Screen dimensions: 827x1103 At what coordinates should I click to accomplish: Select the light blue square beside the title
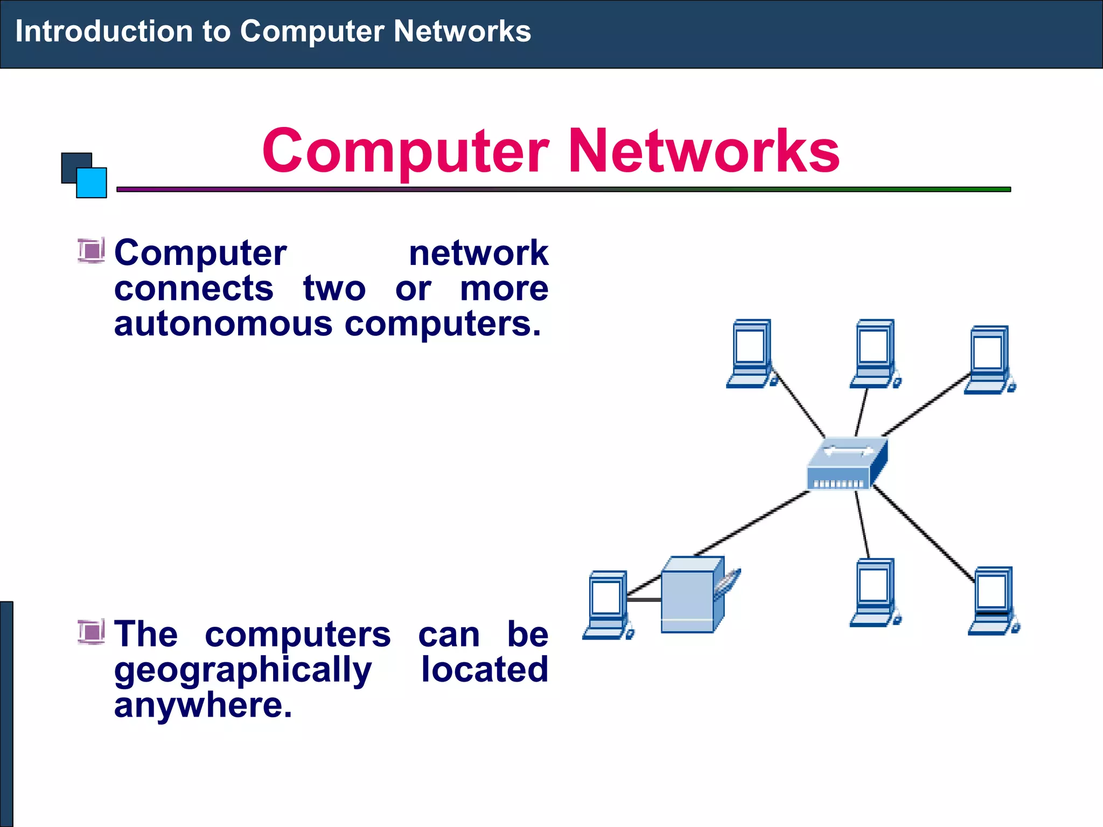92,183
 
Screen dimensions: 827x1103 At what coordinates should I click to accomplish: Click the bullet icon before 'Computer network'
91,251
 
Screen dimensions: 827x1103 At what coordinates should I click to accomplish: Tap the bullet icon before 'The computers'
91,632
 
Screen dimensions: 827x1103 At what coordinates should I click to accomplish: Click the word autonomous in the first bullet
223,324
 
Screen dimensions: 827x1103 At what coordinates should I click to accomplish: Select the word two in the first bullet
334,289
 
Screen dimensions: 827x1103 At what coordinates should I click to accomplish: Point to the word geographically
242,670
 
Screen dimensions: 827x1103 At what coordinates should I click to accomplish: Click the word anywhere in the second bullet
203,705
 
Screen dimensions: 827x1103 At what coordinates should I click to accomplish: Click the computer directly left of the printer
608,605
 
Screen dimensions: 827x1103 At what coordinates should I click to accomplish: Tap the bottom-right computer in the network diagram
994,600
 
